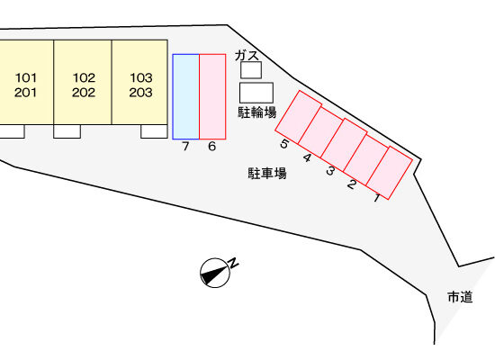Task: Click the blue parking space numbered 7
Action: pos(186,96)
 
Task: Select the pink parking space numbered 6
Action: pos(212,96)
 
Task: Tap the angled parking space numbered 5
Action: pos(298,117)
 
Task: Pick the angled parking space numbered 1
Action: pos(390,173)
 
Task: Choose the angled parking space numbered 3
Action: pos(344,145)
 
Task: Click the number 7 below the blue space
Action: pos(185,146)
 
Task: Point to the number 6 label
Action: pos(211,146)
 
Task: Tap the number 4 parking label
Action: pos(307,157)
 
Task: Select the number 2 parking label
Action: pos(352,184)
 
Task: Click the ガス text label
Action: pos(247,56)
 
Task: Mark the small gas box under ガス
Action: pos(251,70)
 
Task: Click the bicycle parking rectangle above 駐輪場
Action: pos(256,93)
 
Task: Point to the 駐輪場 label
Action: pos(257,112)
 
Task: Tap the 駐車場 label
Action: pos(267,174)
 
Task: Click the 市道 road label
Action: pos(460,297)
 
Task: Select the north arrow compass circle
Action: pos(215,273)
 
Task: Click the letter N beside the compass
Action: pos(233,263)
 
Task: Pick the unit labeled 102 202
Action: pos(83,82)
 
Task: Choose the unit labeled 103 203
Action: pos(139,82)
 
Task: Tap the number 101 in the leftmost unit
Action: pos(26,77)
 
